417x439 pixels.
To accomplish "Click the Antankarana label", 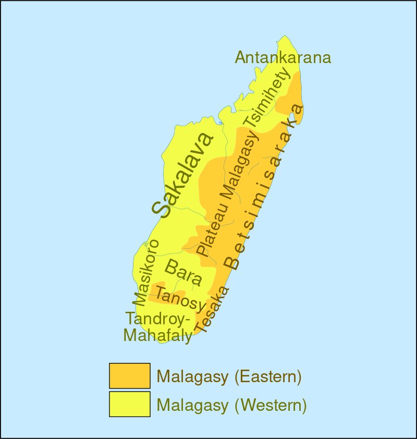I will [x=283, y=57].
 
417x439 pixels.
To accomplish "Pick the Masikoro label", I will [x=145, y=272].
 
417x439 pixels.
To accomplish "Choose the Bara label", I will [x=183, y=272].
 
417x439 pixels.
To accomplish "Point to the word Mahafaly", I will [x=157, y=336].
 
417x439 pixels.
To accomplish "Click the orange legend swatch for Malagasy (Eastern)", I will [x=130, y=376].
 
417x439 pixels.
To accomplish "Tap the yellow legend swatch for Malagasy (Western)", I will [x=130, y=404].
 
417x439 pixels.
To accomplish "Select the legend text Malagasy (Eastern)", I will [x=229, y=376].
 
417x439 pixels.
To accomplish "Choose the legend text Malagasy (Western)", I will [x=231, y=405].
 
